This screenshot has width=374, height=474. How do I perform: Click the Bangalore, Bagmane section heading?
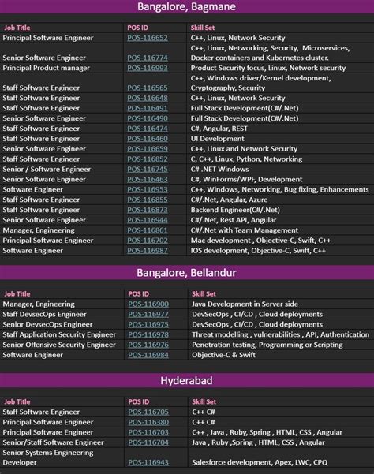pos(186,8)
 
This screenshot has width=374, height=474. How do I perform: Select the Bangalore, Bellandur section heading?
pos(186,273)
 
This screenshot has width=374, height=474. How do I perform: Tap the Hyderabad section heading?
pos(186,380)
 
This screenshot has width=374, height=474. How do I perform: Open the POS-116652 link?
pos(148,38)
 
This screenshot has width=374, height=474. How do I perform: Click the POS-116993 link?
pos(148,69)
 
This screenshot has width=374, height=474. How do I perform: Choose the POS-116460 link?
pos(148,139)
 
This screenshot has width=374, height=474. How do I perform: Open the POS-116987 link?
pos(148,250)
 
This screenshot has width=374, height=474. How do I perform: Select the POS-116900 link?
pos(148,304)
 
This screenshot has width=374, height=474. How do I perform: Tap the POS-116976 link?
pos(148,345)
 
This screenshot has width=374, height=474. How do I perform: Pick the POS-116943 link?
pos(148,462)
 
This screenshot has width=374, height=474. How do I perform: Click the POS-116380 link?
pos(148,421)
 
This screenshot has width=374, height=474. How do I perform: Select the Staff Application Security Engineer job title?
pos(59,334)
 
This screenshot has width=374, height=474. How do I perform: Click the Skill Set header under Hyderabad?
pos(204,401)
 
